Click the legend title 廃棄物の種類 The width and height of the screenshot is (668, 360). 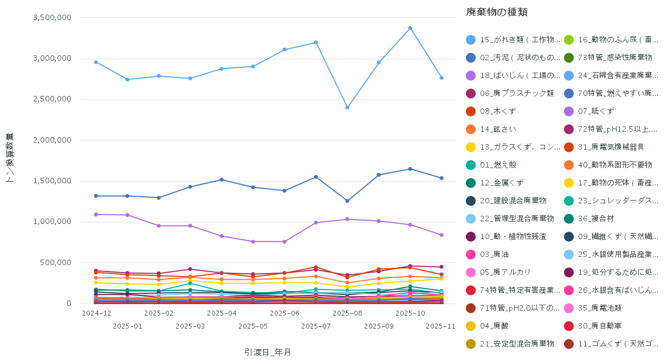[x=496, y=12]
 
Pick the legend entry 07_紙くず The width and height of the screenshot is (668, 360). [x=596, y=111]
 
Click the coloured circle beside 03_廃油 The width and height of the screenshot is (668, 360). [x=471, y=254]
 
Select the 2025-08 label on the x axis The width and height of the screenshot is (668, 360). [x=347, y=313]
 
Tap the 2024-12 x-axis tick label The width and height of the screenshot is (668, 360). [x=96, y=313]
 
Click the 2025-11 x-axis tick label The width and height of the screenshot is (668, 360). [x=440, y=326]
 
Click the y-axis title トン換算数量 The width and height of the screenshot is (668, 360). [x=10, y=157]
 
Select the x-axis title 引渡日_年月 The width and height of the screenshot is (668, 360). [x=268, y=352]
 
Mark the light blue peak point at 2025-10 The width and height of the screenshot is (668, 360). [x=410, y=28]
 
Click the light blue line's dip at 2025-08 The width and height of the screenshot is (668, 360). [x=347, y=107]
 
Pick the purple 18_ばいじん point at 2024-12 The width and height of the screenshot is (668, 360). [x=96, y=214]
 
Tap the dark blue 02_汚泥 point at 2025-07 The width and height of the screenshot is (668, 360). [x=316, y=177]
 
